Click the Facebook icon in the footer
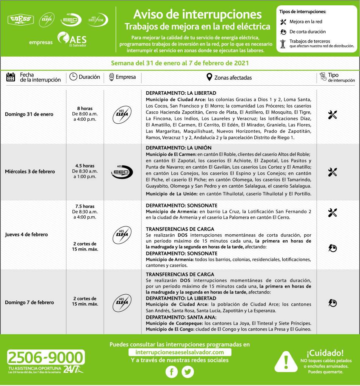pyautogui.click(x=172, y=372)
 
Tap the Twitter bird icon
pyautogui.click(x=188, y=372)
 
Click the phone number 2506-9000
pyautogui.click(x=46, y=357)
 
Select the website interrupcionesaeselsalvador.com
pyautogui.click(x=179, y=352)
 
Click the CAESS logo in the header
pyautogui.click(x=21, y=19)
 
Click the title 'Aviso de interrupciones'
pyautogui.click(x=197, y=14)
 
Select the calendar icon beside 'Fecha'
pyautogui.click(x=11, y=77)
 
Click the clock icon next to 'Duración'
pyautogui.click(x=73, y=77)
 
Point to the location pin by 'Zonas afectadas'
pyautogui.click(x=209, y=77)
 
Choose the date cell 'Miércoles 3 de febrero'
pyautogui.click(x=30, y=171)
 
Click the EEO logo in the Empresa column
pyautogui.click(x=122, y=171)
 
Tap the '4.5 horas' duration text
pyautogui.click(x=85, y=166)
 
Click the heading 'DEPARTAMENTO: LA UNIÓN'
pyautogui.click(x=178, y=148)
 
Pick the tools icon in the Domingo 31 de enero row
pyautogui.click(x=332, y=115)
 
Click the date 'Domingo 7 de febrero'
pyautogui.click(x=29, y=302)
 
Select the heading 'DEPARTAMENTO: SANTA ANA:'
pyautogui.click(x=176, y=317)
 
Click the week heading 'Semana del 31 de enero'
pyautogui.click(x=180, y=63)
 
